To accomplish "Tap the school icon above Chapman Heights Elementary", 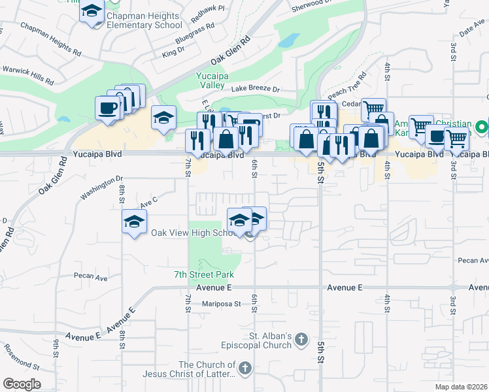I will coord(92,11).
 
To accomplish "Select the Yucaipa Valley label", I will coord(211,80).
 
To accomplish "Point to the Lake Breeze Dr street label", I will coord(255,89).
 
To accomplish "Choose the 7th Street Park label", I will coord(204,274).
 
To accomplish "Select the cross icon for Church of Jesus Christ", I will coord(245,368).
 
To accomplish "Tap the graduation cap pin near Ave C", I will coord(134,221).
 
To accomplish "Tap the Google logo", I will coord(22,384).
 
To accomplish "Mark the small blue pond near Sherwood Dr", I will coord(286,41).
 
